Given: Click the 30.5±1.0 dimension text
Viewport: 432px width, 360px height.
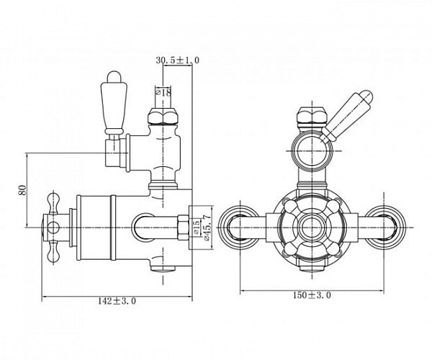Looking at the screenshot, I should point(178,60).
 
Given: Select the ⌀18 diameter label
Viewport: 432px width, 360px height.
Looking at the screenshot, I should point(163,92).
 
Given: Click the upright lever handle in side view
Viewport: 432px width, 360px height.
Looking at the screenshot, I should point(114,102).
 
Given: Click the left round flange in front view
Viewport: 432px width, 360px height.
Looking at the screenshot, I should point(238,225).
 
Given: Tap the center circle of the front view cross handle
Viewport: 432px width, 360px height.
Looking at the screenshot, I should point(312,226).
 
